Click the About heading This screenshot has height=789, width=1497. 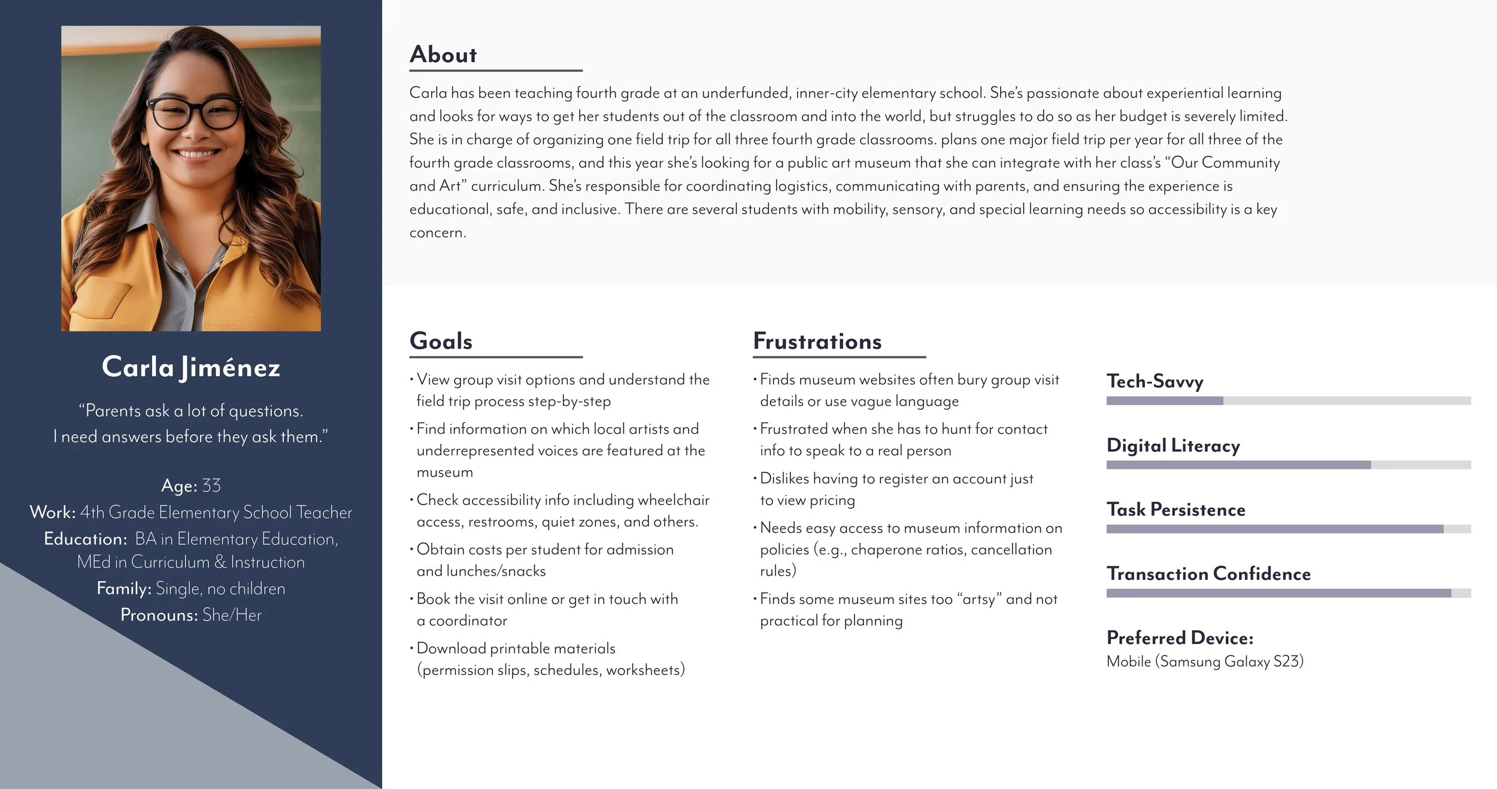coord(443,55)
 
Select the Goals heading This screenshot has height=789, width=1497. coord(441,341)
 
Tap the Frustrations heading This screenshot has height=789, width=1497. coord(817,341)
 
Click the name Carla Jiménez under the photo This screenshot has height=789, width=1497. coord(191,367)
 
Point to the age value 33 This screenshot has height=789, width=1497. coord(211,485)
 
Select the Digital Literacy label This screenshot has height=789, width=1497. coord(1172,445)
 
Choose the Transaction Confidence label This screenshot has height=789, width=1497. coord(1208,573)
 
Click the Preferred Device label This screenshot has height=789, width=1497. coord(1179,637)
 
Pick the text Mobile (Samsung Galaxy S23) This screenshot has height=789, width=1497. coord(1204,661)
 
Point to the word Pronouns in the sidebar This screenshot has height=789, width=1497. coord(159,615)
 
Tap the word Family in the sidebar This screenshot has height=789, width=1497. coord(124,588)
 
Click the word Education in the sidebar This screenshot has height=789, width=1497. coord(85,539)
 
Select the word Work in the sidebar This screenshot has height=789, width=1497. coord(53,512)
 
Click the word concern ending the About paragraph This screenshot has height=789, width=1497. coord(437,232)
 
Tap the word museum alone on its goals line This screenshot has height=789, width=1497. coord(444,472)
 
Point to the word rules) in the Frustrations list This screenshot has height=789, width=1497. coord(778,571)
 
